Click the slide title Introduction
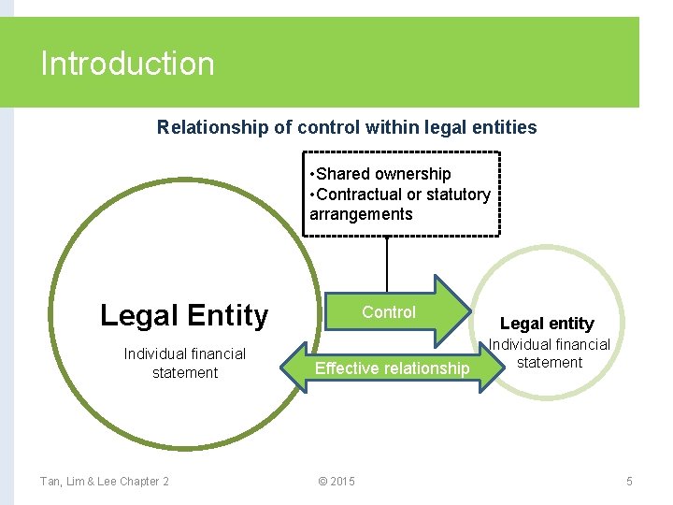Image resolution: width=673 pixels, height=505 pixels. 128,64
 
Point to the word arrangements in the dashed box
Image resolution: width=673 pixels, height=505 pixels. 361,214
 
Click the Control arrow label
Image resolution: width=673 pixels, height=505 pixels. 389,312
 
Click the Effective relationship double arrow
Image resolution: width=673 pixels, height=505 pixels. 392,368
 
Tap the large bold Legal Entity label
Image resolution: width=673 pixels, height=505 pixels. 184,316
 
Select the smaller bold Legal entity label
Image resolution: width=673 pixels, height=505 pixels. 547,324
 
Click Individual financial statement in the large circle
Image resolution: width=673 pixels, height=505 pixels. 185,363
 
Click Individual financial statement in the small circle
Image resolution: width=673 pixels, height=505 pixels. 550,353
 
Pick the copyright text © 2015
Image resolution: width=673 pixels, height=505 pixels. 336,482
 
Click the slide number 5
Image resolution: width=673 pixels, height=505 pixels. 629,482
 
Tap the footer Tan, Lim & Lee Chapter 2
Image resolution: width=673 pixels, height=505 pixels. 105,482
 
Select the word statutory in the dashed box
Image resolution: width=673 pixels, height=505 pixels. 458,195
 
